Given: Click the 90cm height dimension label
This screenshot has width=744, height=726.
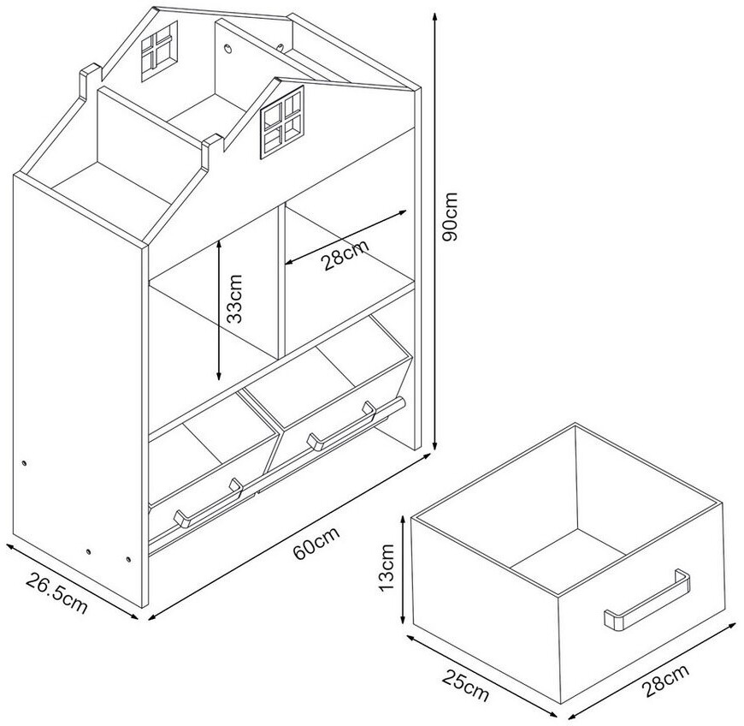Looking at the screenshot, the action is pos(449,217).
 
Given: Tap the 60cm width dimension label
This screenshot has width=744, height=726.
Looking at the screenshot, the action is pos(316,543).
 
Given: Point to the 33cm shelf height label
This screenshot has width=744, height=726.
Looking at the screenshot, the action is pos(234,299).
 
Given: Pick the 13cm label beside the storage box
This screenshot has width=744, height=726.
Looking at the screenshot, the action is pos(387,568).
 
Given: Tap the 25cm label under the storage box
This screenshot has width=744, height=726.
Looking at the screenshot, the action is pos(465,685).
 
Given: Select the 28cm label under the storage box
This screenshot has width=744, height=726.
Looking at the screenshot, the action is pos(664,681).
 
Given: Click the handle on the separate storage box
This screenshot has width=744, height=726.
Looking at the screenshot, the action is pos(647,600).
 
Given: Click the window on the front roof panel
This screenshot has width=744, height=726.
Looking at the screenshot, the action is pos(282,122).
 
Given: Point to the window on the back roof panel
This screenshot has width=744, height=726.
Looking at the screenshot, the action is pos(159,51).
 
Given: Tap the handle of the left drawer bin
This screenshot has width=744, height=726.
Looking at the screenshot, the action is pos(208,503).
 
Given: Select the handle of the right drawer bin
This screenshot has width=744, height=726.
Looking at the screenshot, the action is pos(341,425).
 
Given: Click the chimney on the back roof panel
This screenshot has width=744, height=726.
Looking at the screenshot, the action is pos(90,80).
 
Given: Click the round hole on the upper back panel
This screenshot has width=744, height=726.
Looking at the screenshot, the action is pos(228,48).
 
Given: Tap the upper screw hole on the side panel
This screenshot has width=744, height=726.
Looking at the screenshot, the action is pos(24,463).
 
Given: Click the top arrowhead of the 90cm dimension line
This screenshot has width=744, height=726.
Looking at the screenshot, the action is pos(434,16).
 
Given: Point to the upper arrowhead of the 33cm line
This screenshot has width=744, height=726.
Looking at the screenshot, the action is pos(219,244).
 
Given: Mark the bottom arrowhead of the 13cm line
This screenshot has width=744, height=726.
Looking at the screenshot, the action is pos(403,619).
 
